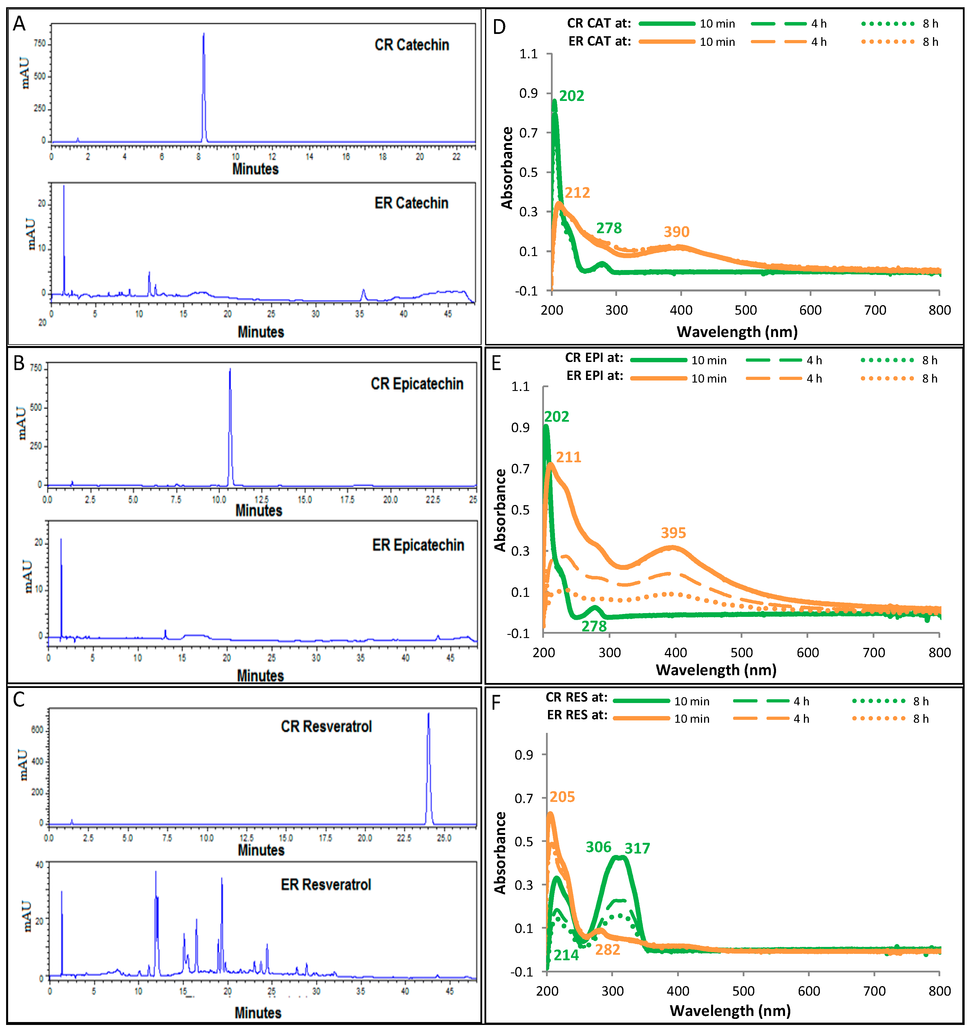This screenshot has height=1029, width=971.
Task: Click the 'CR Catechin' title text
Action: pos(412,45)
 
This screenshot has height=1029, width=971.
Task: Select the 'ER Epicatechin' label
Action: pos(418,545)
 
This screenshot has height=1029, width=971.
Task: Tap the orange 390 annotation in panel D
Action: pos(676,232)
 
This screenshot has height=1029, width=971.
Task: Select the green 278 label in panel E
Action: pos(594,626)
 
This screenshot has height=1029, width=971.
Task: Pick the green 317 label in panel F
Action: pos(637,848)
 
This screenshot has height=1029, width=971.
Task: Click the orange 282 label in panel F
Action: pos(607,950)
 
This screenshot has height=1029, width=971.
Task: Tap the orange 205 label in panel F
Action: pos(563,797)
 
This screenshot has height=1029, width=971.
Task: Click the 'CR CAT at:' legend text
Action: pos(599,23)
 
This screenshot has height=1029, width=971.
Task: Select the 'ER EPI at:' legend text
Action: pos(594,376)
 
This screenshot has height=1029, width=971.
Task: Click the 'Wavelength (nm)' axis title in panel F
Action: pos(730,1011)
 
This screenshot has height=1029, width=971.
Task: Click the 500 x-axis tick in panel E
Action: pos(742,653)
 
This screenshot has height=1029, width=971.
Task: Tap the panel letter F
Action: pos(496,703)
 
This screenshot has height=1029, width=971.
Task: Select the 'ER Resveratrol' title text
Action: pos(326,885)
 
